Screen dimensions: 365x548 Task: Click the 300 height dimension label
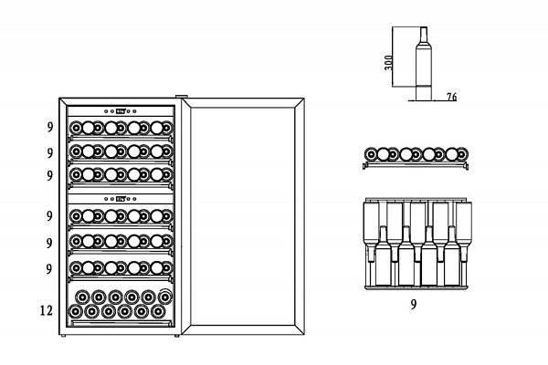pyautogui.click(x=388, y=62)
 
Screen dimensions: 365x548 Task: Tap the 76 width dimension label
pyautogui.click(x=452, y=96)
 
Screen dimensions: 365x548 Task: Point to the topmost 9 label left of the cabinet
pyautogui.click(x=50, y=127)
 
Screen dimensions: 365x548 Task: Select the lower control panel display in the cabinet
pyautogui.click(x=121, y=197)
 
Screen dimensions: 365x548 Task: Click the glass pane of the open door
pyautogui.click(x=240, y=216)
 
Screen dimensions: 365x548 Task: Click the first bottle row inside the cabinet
pyautogui.click(x=121, y=128)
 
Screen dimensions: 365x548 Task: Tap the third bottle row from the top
pyautogui.click(x=121, y=172)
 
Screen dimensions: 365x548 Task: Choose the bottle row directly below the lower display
pyautogui.click(x=121, y=216)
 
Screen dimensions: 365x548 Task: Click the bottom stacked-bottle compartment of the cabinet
pyautogui.click(x=121, y=304)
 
